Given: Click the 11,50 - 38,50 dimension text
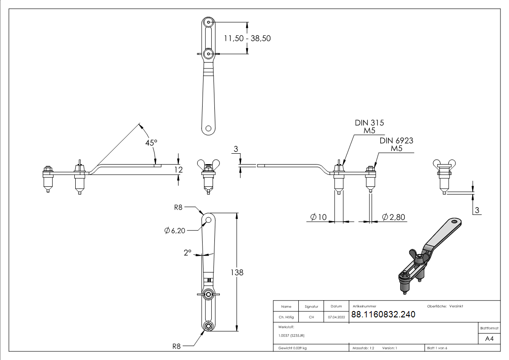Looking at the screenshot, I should coord(247,39).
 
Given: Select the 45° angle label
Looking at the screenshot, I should coord(151,142).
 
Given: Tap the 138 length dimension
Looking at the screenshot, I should coord(237,272).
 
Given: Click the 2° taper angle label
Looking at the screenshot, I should coord(188,252).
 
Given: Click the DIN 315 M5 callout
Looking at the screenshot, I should coord(370,127).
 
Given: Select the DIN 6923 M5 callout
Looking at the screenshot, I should coord(396,145).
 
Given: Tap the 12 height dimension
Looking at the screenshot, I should coord(179,170).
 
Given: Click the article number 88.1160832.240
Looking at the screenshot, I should coord(383,315).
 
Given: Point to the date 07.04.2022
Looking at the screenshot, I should coord(336,317).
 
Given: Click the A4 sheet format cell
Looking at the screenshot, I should coord(489,338).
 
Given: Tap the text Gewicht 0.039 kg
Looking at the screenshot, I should coord(292,348).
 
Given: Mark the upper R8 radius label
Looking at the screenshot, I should coord(179,208).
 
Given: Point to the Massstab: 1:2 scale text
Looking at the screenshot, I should coord(363,348).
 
